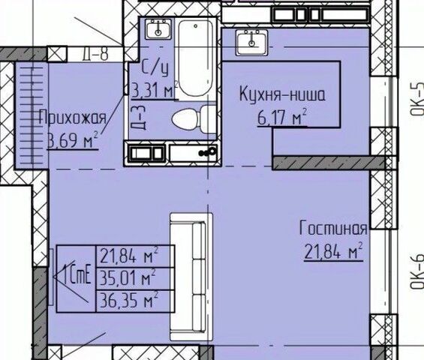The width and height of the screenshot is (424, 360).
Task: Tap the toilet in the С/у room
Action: coord(194,119)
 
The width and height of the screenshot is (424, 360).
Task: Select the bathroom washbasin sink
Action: coord(159,29)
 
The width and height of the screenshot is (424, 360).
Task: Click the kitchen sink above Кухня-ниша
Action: coord(251,42)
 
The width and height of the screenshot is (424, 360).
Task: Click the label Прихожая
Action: coord(73,118)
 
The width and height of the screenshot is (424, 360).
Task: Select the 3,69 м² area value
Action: coord(73,140)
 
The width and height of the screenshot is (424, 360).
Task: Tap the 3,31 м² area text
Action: coord(154,91)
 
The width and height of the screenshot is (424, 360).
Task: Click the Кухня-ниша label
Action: coord(282,94)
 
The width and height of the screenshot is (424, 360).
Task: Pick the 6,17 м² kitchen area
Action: coord(282,117)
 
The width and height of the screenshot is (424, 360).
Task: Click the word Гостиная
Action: coord(333,229)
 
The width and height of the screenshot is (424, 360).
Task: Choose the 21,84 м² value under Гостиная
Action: coord(333,251)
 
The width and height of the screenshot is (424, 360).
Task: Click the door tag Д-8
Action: coord(95,54)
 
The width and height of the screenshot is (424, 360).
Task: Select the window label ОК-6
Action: coord(416,272)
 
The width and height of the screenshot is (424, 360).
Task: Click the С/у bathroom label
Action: coord(155,68)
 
